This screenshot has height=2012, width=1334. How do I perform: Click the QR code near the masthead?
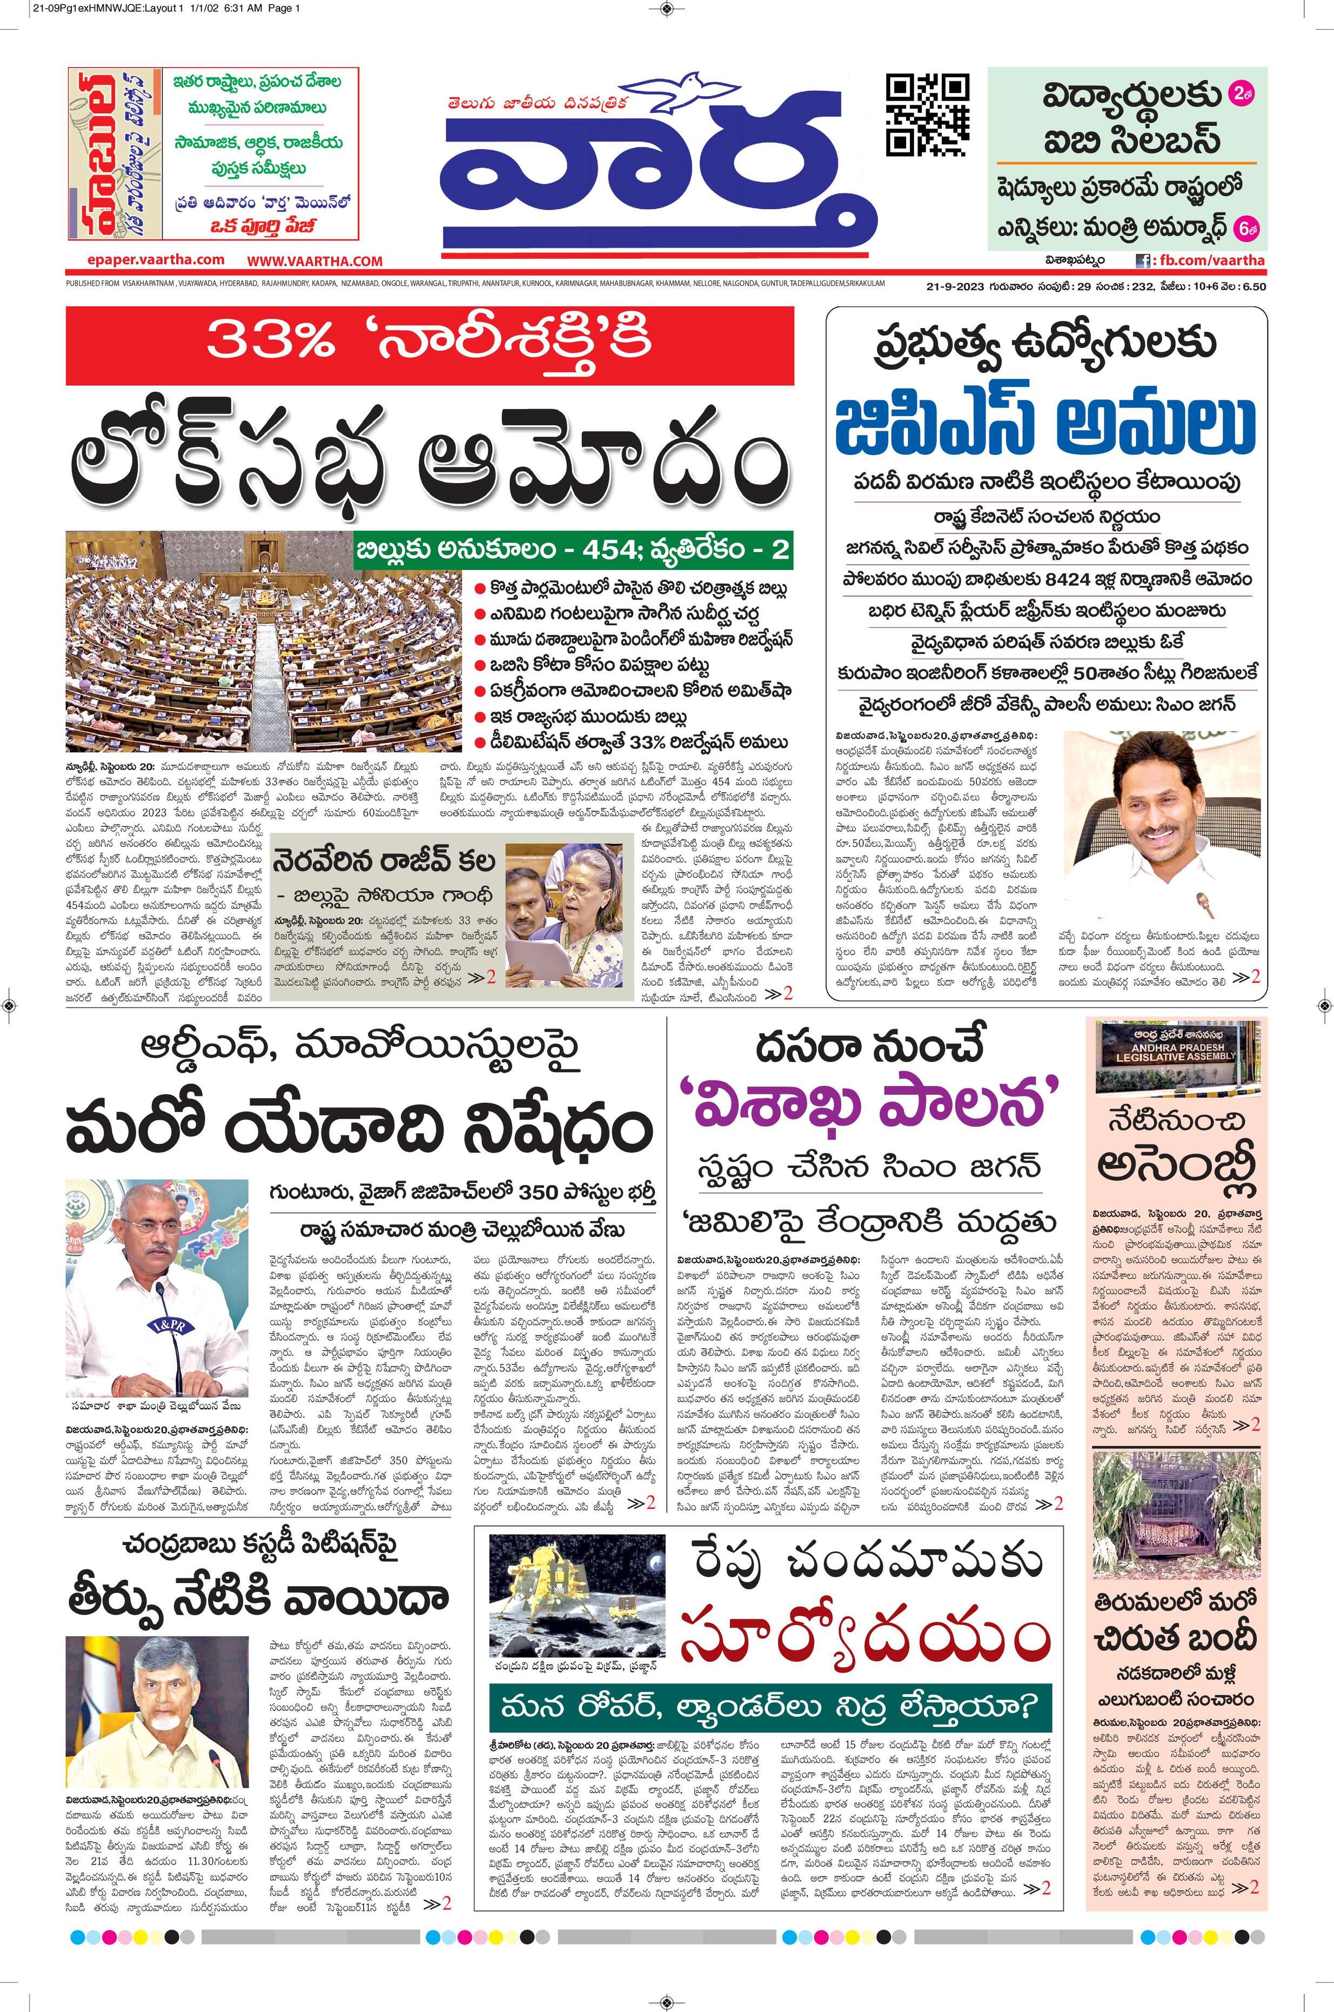pos(927,115)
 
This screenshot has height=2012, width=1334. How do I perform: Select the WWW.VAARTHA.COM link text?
pos(316,261)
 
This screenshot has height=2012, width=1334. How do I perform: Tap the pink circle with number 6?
pos(1246,228)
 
